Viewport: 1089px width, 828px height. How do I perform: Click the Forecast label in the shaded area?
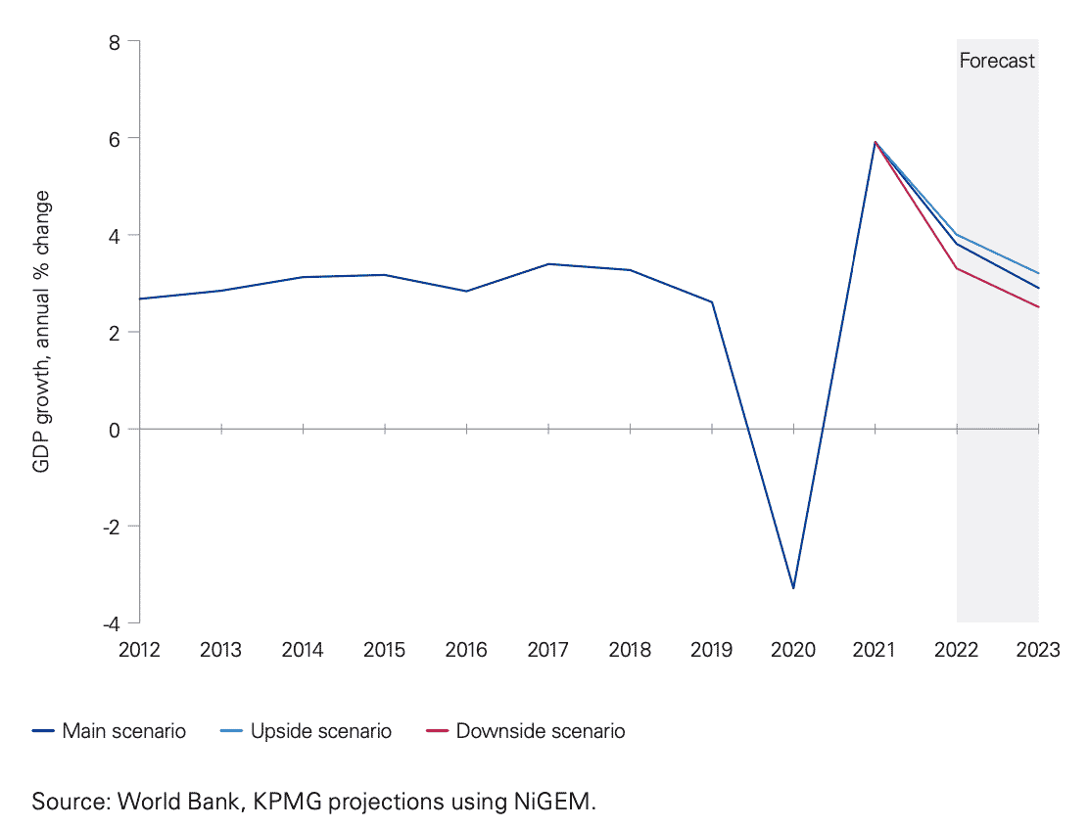coord(996,61)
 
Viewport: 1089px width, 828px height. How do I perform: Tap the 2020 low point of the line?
coord(793,588)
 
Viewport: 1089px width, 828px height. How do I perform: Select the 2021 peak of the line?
coord(875,142)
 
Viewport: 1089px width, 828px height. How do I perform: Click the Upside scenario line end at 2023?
coord(1038,273)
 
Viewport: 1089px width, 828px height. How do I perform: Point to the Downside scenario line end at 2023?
coord(1038,307)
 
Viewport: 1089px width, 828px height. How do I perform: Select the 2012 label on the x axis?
coord(139,651)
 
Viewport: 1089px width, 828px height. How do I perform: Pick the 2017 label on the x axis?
coord(547,651)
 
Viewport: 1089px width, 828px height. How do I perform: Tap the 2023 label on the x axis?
coord(1038,651)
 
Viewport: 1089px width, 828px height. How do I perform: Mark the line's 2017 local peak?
coord(548,263)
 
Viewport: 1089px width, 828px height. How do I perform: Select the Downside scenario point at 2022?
coord(957,268)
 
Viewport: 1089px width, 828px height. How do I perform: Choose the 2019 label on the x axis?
coord(711,651)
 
